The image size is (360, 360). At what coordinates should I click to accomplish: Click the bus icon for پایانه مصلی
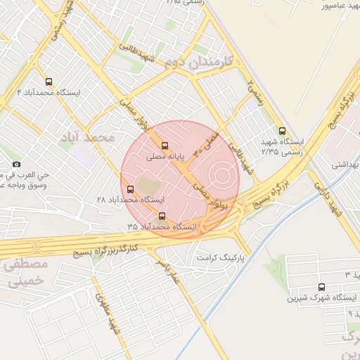coord(165,146)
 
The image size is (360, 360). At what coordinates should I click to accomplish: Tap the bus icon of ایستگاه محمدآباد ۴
coord(49,82)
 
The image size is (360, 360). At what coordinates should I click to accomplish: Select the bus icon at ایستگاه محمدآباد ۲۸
coord(130,188)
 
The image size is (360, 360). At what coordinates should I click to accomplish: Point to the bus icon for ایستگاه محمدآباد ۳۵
coord(162,216)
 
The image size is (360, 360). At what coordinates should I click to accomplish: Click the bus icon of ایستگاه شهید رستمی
coord(282,131)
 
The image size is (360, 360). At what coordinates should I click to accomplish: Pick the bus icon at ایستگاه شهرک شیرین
coord(322,287)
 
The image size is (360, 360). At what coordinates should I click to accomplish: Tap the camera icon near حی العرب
coord(16,165)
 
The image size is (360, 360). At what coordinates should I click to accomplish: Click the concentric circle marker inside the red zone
coord(221,174)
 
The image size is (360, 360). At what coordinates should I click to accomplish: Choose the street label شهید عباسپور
coord(345,6)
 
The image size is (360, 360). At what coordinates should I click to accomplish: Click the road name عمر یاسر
coord(169,271)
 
